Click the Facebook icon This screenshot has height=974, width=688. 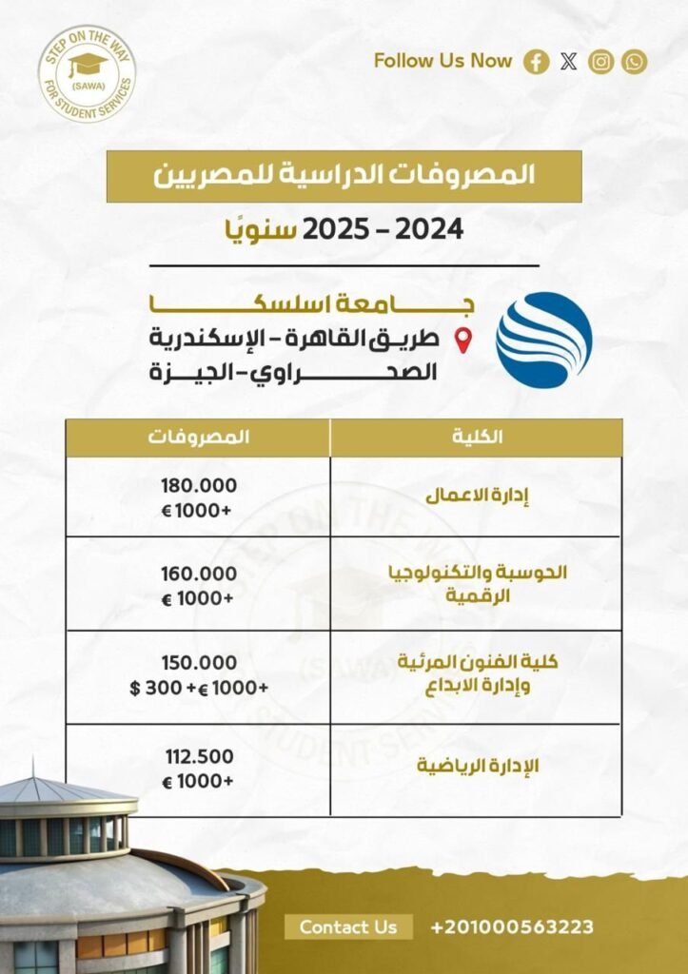pos(538,63)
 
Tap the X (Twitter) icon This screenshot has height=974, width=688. pos(569,63)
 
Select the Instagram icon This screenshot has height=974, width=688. pos(601,63)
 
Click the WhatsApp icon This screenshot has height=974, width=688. pos(634,63)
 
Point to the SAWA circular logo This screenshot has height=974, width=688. pos(87,74)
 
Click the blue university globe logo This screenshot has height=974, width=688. pos(544,340)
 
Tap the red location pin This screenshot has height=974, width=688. pos(464,340)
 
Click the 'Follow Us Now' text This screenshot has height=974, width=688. pos(442,62)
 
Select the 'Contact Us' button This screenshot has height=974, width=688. pos(348,926)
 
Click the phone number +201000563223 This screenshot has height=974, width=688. pos(513,926)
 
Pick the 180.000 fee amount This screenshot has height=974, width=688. pos(199,485)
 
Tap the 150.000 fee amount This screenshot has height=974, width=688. pos(199,663)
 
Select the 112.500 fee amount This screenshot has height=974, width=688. pos(199,756)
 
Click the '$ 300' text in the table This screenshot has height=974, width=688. pos(148,687)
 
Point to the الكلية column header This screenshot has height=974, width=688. pos(477,438)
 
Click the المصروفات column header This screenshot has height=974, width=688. pos(199,438)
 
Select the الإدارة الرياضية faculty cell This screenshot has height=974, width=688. pos(477,769)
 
